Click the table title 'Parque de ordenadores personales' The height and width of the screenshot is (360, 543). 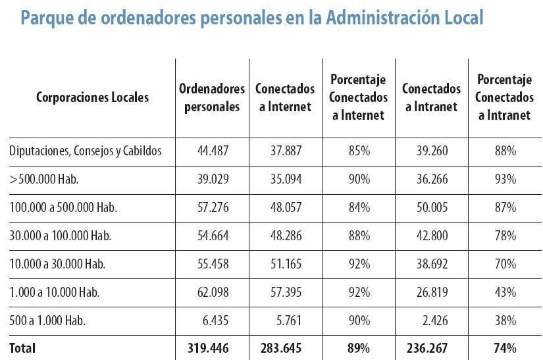point(251,18)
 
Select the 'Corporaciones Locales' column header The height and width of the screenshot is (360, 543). point(92,97)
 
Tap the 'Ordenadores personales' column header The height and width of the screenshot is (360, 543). point(212,97)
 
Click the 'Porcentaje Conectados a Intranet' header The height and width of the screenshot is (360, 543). point(505,97)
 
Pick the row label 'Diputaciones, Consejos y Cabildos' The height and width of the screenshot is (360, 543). point(86,151)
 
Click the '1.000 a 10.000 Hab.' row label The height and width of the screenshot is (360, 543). point(55,292)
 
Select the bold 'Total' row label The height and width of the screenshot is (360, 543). point(22,347)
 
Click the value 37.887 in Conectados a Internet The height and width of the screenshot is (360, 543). point(286,151)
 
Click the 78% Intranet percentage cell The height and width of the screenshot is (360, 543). point(505,236)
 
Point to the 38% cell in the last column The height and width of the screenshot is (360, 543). point(505,321)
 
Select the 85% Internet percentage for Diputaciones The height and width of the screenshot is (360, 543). point(359,151)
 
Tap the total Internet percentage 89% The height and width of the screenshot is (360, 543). point(359,347)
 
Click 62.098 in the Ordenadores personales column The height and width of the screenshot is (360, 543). point(212,292)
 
